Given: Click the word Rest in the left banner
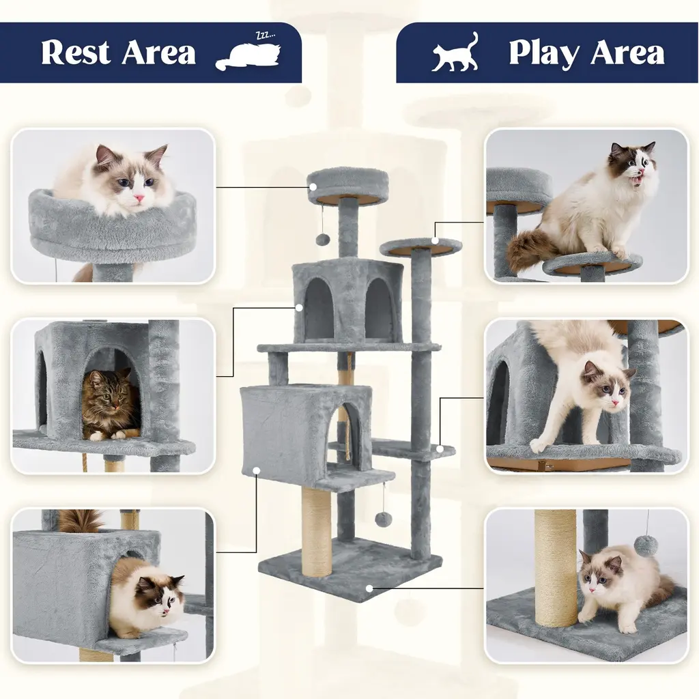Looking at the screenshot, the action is click(75, 53).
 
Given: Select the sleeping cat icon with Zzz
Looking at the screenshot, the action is click(248, 53).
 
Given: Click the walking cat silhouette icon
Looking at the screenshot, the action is click(454, 52).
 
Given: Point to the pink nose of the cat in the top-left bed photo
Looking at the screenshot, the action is click(140, 197).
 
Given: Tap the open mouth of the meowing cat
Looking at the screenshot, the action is click(639, 180).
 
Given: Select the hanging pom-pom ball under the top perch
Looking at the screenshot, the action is click(322, 240).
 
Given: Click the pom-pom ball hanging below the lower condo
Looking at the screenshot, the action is click(382, 519).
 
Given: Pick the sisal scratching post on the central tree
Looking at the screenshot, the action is click(317, 532).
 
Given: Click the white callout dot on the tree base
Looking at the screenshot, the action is click(369, 588).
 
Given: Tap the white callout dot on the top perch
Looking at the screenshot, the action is click(313, 187).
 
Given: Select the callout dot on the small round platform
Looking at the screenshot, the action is click(435, 241).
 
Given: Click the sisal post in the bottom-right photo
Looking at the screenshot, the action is click(556, 568).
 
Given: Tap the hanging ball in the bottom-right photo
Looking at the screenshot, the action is click(646, 545).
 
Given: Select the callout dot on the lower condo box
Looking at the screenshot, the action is click(257, 470).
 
